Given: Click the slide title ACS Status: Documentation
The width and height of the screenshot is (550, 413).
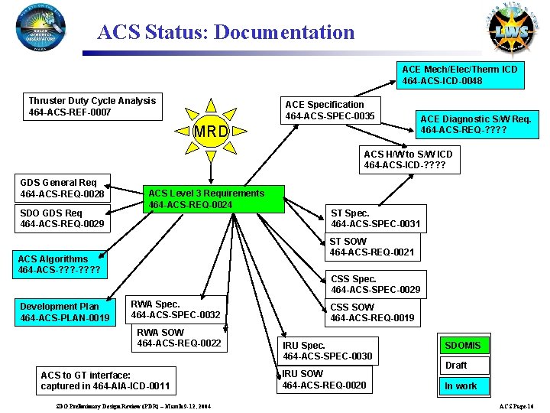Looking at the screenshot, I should pyautogui.click(x=226, y=33).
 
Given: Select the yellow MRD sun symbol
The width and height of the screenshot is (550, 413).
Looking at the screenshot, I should pyautogui.click(x=211, y=131).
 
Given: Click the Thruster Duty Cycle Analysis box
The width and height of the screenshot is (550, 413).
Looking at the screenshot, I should pyautogui.click(x=92, y=107).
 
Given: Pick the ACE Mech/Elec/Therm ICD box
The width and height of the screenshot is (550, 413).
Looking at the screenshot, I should pyautogui.click(x=460, y=75).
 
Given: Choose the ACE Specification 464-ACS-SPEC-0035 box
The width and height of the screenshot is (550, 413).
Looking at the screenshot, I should pyautogui.click(x=330, y=110).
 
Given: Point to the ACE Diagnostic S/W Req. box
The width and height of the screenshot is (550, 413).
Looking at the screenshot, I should pyautogui.click(x=475, y=124).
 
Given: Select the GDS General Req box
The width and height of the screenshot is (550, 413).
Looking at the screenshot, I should pyautogui.click(x=64, y=189).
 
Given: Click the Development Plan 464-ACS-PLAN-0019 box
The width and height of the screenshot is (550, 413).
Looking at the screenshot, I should pyautogui.click(x=66, y=312).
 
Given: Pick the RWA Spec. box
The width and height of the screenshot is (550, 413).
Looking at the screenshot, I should pyautogui.click(x=176, y=310).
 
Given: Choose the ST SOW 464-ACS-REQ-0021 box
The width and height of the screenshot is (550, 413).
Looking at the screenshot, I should pyautogui.click(x=372, y=247).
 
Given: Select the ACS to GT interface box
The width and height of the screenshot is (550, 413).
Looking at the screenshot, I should pyautogui.click(x=105, y=381).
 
